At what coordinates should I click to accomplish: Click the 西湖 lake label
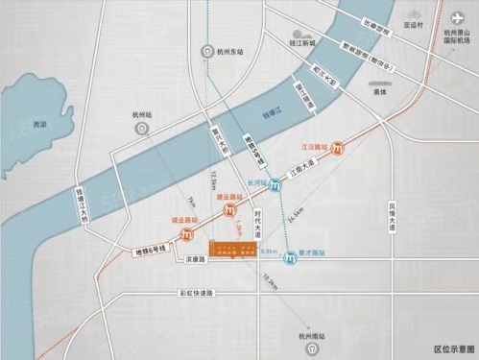click(38, 126)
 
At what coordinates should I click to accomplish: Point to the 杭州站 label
click(141, 114)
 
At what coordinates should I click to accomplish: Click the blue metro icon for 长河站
click(276, 186)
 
